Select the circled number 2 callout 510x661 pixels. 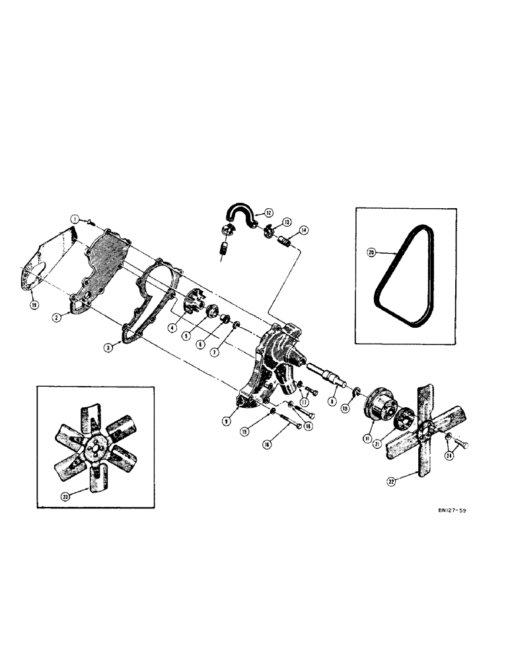57,317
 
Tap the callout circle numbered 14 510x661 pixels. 303,231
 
